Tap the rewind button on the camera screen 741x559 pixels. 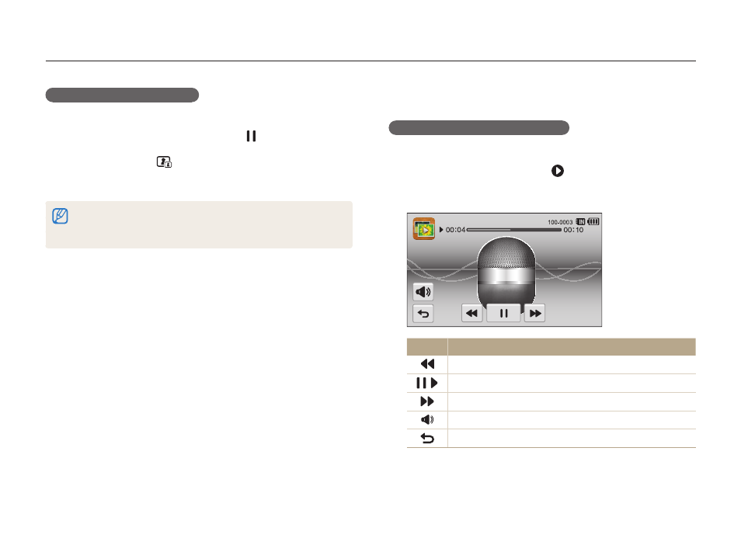click(471, 313)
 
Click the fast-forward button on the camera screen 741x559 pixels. click(534, 313)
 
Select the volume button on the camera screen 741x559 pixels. click(423, 292)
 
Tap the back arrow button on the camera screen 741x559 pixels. click(423, 314)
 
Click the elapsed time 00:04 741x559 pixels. click(455, 230)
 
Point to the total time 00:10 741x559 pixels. click(573, 230)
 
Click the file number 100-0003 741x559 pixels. click(560, 222)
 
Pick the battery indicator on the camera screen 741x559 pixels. click(593, 221)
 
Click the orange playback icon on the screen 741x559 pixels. click(424, 229)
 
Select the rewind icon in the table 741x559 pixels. click(427, 364)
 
